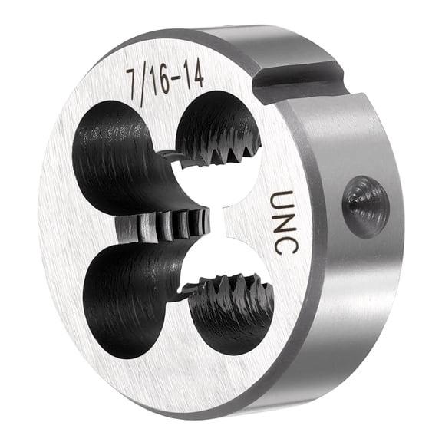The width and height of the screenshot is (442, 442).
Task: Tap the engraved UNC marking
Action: (282, 223)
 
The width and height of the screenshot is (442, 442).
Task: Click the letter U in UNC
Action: (282, 200)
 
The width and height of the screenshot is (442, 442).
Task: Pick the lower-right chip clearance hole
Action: (230, 307)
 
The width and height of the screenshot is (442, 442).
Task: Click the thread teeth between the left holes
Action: (165, 226)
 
